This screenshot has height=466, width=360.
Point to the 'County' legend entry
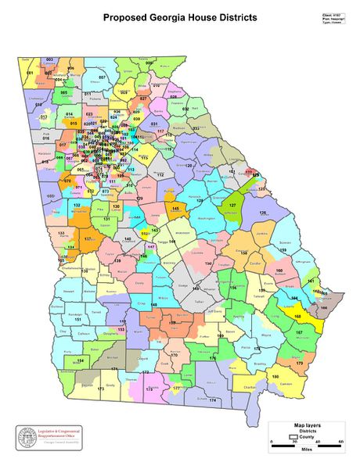point(306,437)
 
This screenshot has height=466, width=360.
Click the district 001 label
point(30,73)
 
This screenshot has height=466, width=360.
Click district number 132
point(77,205)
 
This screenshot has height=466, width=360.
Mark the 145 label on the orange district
point(176,209)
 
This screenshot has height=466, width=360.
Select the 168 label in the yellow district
point(297,316)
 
